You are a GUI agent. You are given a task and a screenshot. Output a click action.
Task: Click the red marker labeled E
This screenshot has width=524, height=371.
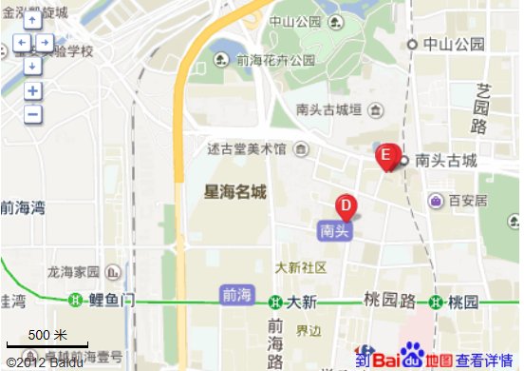point(385,156)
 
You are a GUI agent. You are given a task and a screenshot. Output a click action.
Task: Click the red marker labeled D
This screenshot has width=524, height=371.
point(346,206)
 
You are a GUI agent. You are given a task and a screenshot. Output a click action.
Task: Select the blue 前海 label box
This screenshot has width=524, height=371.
point(236,295)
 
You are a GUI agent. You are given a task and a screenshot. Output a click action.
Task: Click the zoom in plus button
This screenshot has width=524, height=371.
point(32,91)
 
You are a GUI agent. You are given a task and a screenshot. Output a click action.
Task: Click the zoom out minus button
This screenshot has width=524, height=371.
point(32,114)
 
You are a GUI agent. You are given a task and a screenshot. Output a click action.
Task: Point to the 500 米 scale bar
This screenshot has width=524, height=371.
point(47,341)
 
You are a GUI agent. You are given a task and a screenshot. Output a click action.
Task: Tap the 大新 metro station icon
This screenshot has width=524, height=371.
point(274,302)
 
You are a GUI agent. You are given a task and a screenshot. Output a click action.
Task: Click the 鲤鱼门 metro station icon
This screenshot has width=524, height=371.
point(76,302)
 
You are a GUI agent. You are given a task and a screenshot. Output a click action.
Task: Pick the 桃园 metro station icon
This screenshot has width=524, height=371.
point(436,302)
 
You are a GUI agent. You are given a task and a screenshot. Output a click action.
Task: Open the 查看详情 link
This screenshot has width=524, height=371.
point(485,361)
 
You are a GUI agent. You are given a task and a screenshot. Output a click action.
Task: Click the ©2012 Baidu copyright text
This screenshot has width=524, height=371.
point(44,362)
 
